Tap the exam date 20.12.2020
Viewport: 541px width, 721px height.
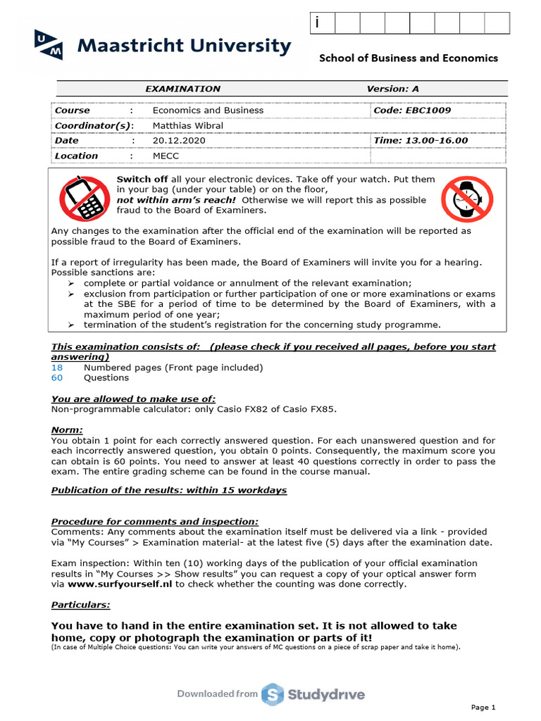[x=176, y=140]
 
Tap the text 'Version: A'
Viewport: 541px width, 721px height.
[x=392, y=89]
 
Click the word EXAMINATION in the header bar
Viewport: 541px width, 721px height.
[x=182, y=89]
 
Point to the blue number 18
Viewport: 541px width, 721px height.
[x=57, y=368]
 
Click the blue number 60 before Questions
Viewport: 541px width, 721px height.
[x=57, y=378]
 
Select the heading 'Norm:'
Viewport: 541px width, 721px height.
[x=67, y=430]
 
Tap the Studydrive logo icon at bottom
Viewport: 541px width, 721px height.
[x=272, y=694]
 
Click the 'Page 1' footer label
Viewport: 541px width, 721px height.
[x=483, y=707]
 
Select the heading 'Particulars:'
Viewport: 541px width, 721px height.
[x=80, y=605]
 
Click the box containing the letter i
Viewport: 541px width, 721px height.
[x=322, y=23]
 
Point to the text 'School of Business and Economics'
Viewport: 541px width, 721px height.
[x=409, y=58]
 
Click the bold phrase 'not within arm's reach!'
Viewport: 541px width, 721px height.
[x=177, y=200]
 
